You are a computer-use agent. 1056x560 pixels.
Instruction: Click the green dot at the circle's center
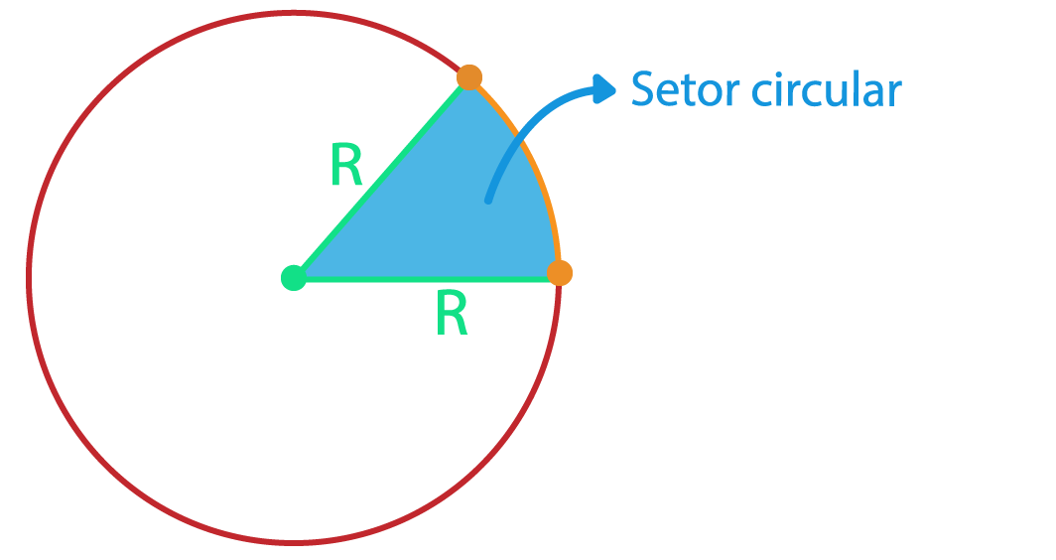[293, 277]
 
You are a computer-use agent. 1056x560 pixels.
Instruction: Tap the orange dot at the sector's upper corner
[469, 76]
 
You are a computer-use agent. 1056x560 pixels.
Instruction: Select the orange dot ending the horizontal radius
[560, 273]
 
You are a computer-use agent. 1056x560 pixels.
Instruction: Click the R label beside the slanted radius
[346, 167]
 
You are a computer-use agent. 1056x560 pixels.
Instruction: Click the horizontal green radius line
[427, 280]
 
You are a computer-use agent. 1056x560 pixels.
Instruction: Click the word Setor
[685, 90]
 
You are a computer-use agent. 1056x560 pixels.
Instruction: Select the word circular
[826, 90]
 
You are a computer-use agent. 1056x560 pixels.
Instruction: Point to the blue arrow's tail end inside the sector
[488, 200]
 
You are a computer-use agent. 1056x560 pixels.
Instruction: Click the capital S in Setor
[644, 90]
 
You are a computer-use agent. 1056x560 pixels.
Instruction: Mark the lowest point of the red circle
[293, 542]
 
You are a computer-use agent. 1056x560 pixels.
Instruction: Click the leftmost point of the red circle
[29, 277]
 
